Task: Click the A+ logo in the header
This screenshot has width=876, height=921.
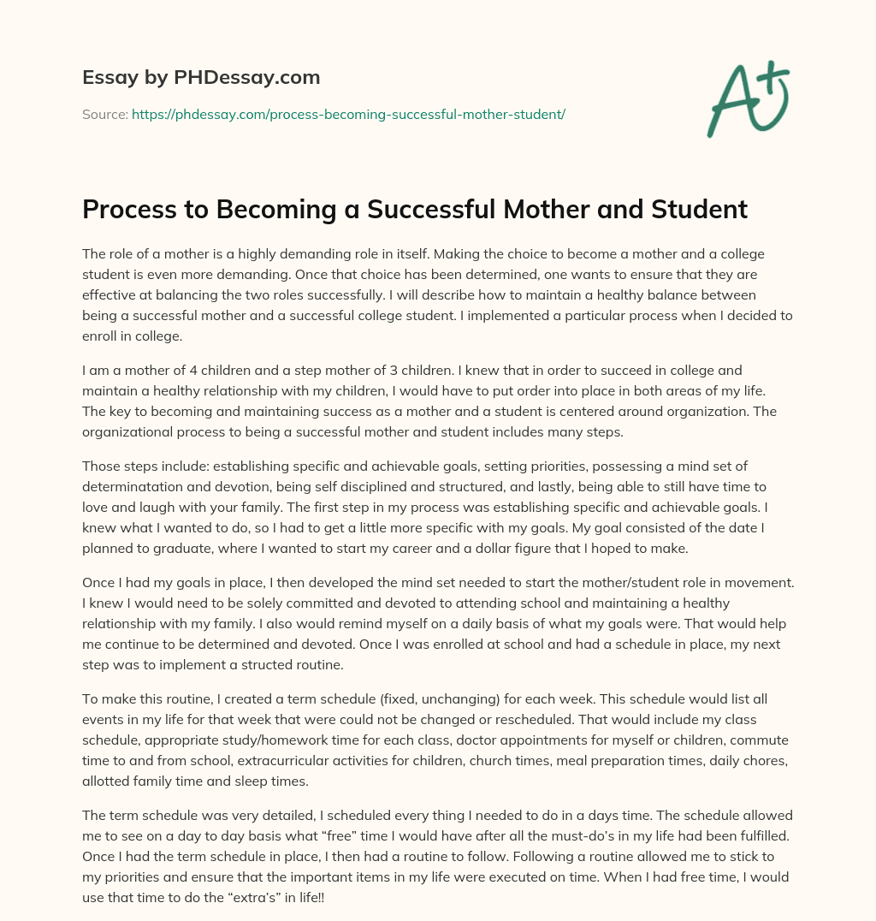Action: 749,100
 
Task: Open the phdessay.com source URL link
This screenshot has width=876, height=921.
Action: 348,114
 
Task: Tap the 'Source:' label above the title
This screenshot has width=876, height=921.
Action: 104,114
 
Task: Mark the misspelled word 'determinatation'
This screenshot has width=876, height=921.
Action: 134,486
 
